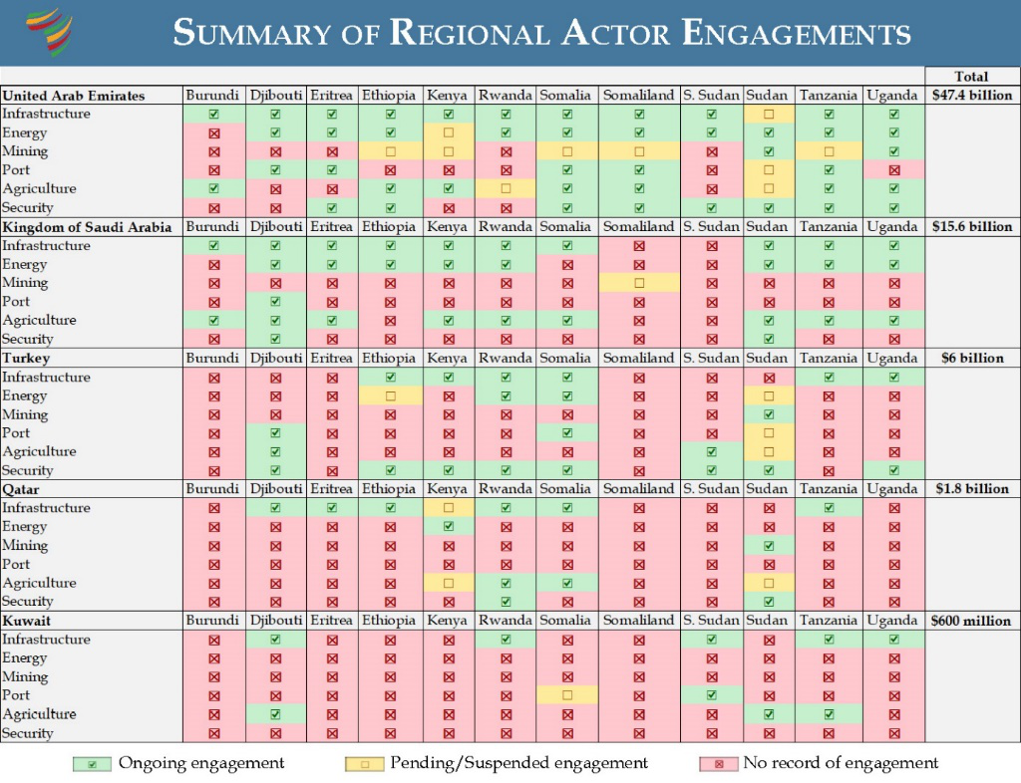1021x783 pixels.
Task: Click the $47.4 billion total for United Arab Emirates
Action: coord(971,96)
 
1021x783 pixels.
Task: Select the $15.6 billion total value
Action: coord(971,227)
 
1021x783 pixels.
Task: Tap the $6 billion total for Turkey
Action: coord(971,358)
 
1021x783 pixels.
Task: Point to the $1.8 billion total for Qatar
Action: coord(971,489)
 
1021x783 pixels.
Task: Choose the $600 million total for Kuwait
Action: coord(971,621)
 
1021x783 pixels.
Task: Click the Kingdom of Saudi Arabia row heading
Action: coord(87,227)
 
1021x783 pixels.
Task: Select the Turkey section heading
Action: coord(27,358)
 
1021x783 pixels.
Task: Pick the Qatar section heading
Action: coord(22,489)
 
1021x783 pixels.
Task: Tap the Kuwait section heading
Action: coord(27,621)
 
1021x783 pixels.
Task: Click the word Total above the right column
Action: coord(971,77)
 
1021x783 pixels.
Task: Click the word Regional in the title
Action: coord(473,33)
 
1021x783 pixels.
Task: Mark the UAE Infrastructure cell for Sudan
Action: coord(768,115)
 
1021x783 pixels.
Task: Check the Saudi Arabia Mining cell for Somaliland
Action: coord(639,283)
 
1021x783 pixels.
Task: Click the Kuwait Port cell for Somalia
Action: coord(567,695)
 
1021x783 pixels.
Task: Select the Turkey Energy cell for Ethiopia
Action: coord(390,395)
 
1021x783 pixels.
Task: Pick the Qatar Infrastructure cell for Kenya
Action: coord(448,508)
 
